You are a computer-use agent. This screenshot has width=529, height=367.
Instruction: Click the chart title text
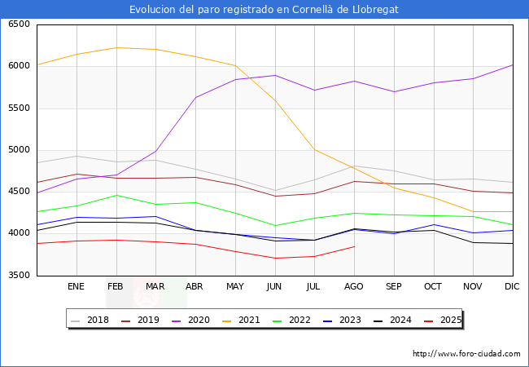[x=264, y=9]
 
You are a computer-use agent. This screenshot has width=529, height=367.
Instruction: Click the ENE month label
[x=76, y=287]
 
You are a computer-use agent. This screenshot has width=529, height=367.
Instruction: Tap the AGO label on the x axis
[x=354, y=287]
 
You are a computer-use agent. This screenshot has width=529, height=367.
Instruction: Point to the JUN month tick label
[x=274, y=287]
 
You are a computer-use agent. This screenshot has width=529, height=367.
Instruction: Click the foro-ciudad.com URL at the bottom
[x=466, y=354]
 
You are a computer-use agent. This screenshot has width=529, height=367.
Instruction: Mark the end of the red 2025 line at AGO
[x=354, y=246]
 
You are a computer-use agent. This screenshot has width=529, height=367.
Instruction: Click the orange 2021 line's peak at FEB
[x=116, y=47]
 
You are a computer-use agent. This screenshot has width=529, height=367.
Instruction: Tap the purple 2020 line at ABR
[x=195, y=97]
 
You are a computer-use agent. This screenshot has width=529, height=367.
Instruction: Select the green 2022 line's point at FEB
[x=116, y=195]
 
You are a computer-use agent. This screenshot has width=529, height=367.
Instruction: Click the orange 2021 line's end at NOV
[x=473, y=212]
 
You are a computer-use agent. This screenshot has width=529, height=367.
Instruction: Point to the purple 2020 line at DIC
[x=513, y=64]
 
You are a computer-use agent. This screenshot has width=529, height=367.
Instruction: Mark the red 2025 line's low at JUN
[x=274, y=259]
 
